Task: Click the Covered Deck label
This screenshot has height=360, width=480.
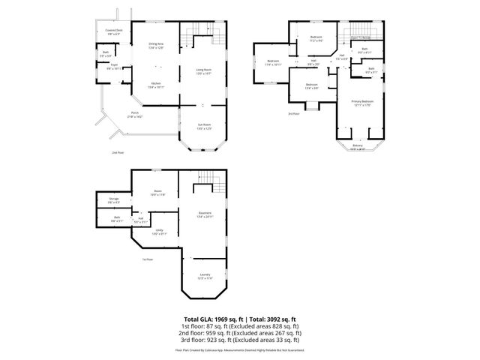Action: coord(115,31)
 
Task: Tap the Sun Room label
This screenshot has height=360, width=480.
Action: coord(204,126)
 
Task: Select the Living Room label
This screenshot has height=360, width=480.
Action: coord(204,71)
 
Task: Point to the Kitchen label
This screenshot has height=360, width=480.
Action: coord(156,85)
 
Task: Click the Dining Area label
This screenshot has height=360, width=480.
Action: coord(156,46)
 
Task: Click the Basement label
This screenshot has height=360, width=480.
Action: coord(205,214)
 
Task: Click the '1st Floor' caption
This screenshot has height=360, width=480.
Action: coord(148,259)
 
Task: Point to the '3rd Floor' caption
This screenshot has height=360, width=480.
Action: coord(293,114)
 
